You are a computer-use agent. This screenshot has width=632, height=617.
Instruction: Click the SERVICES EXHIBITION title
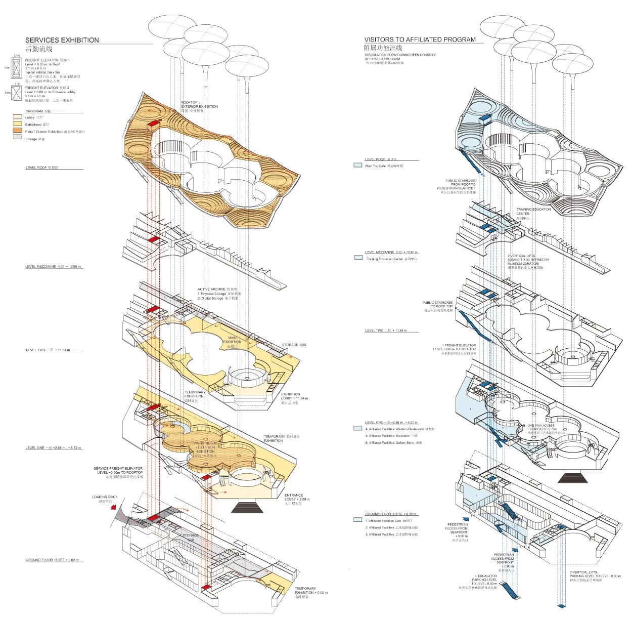62,40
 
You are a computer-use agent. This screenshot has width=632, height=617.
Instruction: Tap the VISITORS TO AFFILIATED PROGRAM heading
420,39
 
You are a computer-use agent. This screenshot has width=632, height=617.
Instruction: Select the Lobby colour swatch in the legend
18,117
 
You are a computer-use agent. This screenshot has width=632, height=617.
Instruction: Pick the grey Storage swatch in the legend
18,138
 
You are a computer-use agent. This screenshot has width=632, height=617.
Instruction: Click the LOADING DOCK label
105,498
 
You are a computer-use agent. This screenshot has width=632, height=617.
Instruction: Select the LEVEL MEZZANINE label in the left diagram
53,267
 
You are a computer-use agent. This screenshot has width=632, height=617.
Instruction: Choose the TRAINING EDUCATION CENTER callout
533,212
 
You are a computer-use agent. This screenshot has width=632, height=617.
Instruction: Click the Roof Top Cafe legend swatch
357,166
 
